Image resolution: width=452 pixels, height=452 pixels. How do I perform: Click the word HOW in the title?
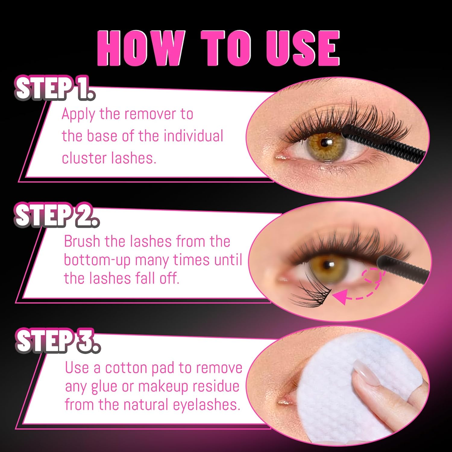pos(141,48)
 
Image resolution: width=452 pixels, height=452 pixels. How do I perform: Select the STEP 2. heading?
pos(57,215)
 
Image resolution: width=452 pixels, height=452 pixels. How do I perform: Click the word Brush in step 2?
pos(82,241)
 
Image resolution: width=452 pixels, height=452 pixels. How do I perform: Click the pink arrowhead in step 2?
pos(339,297)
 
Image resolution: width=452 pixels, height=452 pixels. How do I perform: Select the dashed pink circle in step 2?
pos(373,276)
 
